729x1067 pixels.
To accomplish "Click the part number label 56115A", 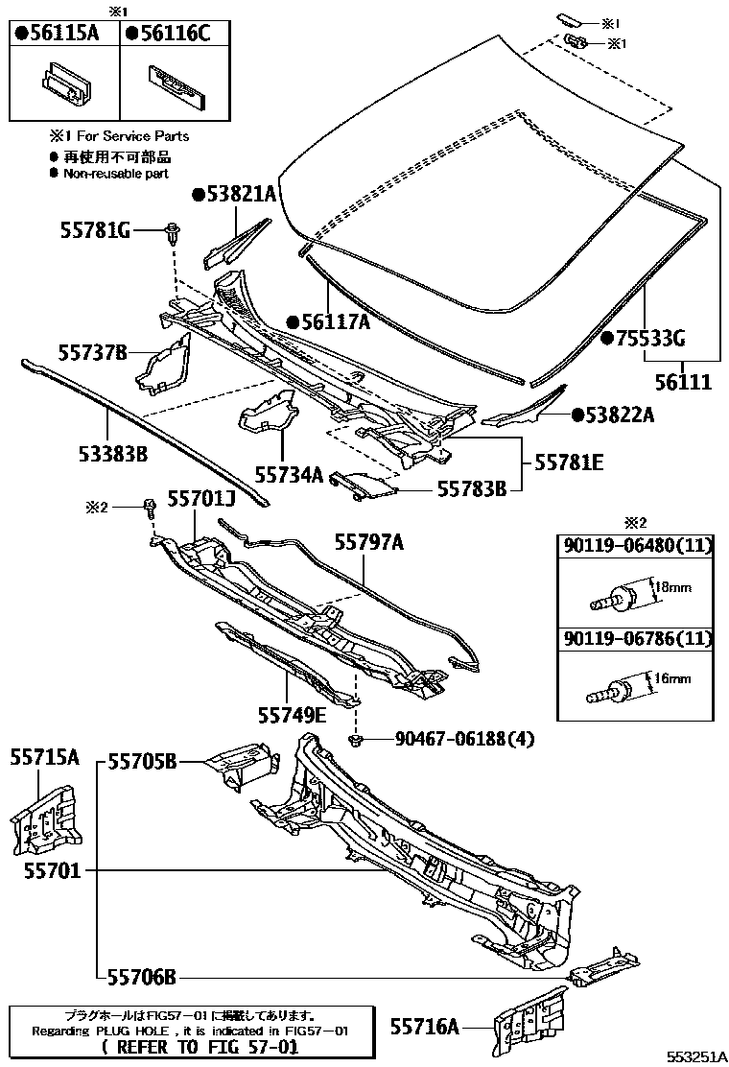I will tap(64, 33).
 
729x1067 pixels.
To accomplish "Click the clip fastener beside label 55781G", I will tap(173, 231).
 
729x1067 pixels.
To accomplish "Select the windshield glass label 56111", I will tap(683, 381).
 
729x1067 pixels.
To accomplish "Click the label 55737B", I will tap(91, 352).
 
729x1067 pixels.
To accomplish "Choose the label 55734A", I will tap(290, 473).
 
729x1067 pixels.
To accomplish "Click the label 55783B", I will tap(472, 489).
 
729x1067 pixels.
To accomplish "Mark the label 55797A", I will tap(369, 543).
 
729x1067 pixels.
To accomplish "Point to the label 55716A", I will tap(424, 1027).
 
